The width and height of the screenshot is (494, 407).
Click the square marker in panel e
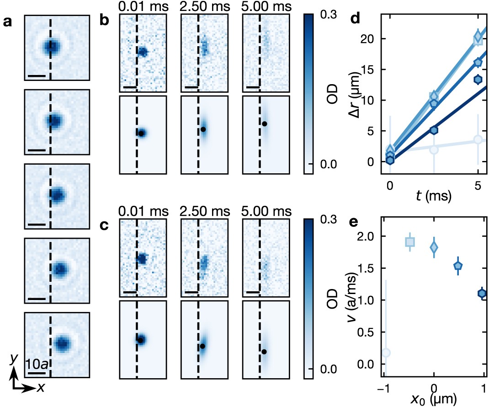coord(410,242)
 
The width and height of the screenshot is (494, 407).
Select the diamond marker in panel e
coord(434,247)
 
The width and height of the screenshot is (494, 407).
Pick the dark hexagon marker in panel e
coord(482,293)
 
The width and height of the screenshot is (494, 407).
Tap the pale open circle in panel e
coord(386,352)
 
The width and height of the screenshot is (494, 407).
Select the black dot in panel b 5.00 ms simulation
coord(264,123)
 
